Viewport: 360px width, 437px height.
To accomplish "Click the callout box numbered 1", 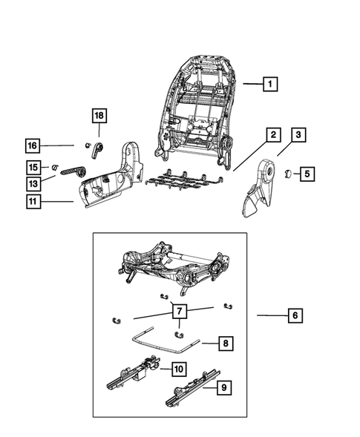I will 270,85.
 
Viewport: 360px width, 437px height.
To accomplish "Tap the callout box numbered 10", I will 179,369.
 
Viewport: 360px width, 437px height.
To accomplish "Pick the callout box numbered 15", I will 33,166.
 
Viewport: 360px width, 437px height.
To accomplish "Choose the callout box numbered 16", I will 33,145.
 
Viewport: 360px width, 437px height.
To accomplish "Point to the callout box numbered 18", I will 99,115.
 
